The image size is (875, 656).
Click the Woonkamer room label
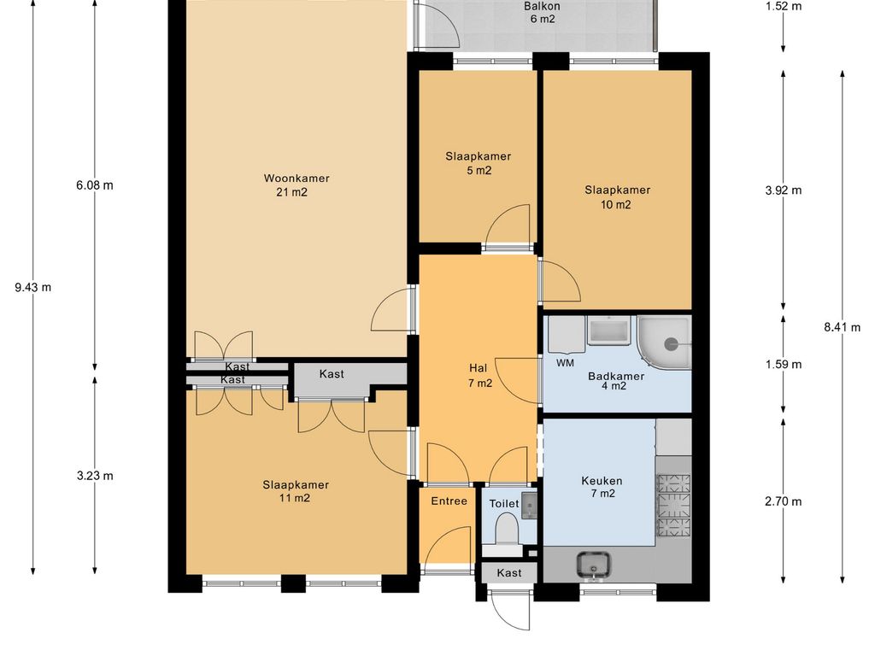(297, 185)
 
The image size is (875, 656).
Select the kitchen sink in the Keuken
(593, 565)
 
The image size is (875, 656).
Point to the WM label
(565, 363)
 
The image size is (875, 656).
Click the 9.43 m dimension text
(33, 287)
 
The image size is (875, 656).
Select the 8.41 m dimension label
(842, 327)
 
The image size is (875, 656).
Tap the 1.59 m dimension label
(784, 364)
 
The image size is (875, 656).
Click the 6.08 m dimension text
(95, 184)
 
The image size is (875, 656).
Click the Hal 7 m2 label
(479, 376)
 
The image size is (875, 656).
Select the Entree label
(449, 501)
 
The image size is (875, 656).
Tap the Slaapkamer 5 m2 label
(479, 163)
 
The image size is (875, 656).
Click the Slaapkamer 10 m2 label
(617, 197)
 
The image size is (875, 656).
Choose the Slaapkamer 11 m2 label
(296, 491)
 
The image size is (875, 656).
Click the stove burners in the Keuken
(673, 505)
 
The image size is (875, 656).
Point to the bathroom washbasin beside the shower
(608, 331)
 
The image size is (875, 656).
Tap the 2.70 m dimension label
(784, 501)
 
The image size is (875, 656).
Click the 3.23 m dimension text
(95, 475)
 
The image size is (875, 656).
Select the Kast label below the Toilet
(509, 573)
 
